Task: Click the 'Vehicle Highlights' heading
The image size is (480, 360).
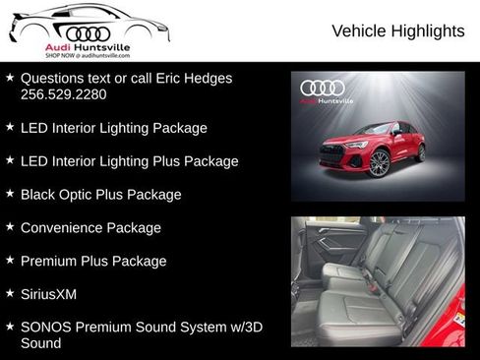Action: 397,31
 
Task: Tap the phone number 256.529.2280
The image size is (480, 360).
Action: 63,95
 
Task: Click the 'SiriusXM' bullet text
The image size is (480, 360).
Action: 48,294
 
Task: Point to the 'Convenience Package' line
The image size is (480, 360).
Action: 90,227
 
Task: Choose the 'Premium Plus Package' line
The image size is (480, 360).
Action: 93,261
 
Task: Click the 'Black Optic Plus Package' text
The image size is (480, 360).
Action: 100,194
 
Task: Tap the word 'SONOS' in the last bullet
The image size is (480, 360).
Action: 45,327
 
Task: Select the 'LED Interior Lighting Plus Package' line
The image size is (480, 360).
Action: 129,160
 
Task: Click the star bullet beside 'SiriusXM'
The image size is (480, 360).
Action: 10,293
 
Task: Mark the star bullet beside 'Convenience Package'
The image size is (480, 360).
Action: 10,226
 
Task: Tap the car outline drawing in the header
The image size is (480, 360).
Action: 89,22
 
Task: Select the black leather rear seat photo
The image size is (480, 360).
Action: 378,280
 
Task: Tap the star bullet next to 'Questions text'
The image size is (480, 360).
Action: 10,77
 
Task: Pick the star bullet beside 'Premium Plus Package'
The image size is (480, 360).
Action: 10,260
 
